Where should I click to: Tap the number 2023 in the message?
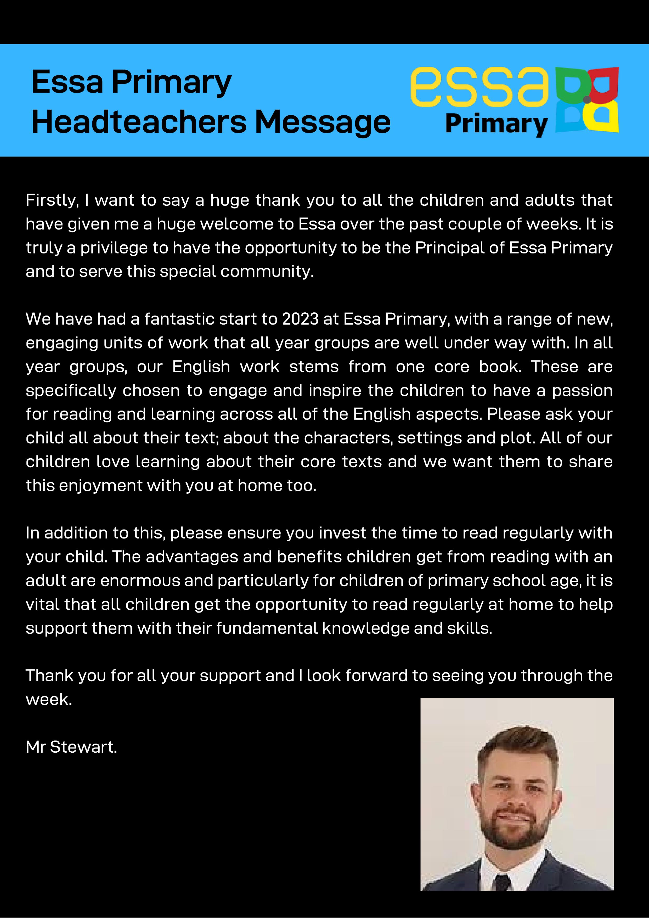click(300, 319)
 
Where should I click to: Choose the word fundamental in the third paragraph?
click(267, 628)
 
